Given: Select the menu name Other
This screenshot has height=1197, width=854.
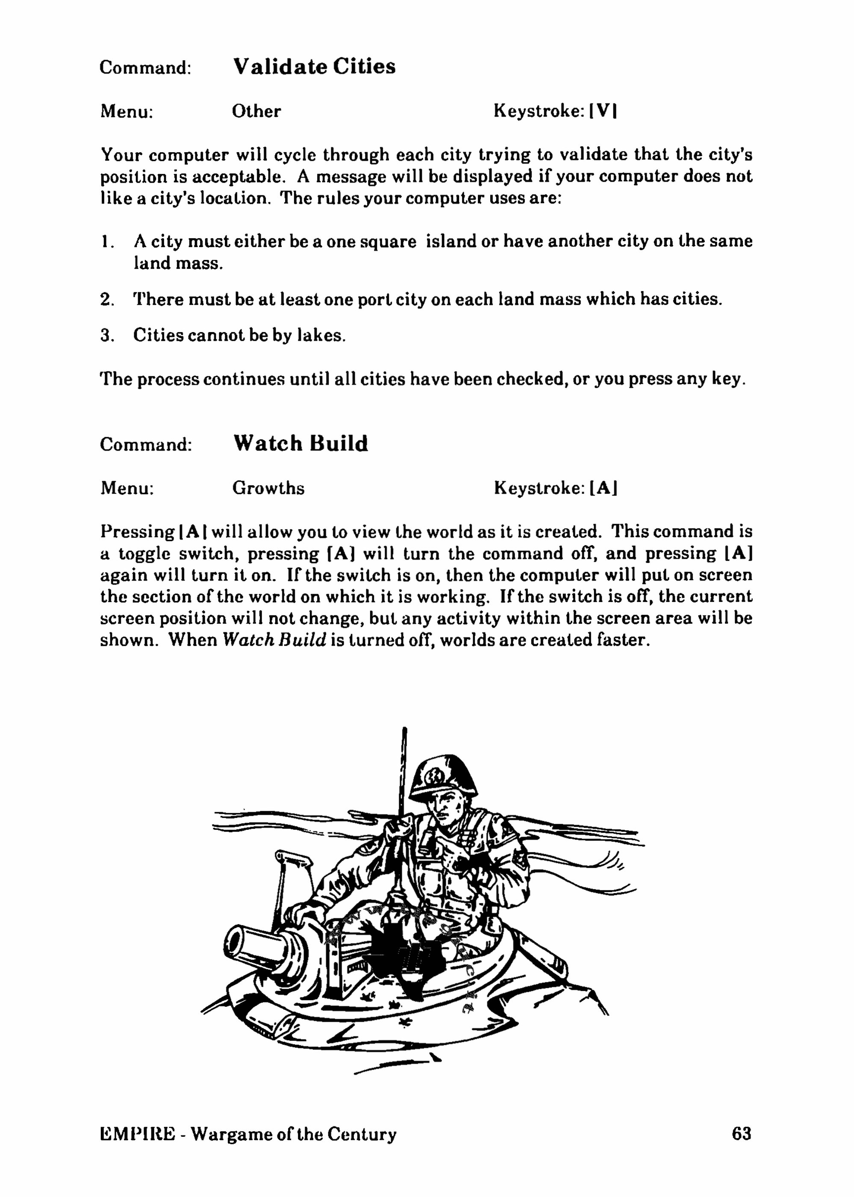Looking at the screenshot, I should [x=256, y=112].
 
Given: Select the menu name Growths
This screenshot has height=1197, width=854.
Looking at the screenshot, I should [x=268, y=489].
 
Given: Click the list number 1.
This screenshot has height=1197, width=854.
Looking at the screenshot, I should [x=106, y=242].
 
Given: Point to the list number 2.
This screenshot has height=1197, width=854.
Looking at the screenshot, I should [x=107, y=300].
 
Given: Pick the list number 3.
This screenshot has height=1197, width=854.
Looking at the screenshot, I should [x=107, y=336].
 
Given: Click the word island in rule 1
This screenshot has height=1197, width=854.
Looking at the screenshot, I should [x=451, y=242].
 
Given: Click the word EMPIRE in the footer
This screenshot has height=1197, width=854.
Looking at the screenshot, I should [x=137, y=1133].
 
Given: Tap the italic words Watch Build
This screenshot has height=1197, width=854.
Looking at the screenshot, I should [x=274, y=640].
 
